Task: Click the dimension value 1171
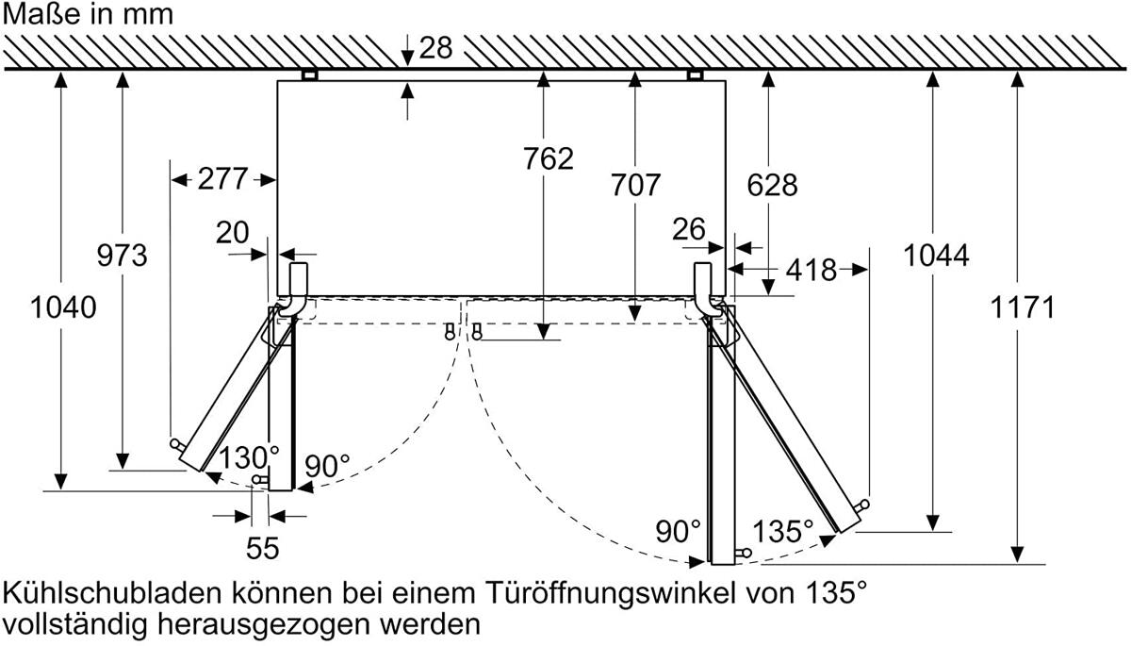1023,307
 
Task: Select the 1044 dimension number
936,255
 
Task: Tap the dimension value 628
772,185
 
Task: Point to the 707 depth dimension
635,185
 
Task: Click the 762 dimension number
549,158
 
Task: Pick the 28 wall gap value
435,48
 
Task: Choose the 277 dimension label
222,179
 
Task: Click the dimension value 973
123,255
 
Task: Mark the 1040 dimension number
63,307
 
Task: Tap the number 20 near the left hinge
232,232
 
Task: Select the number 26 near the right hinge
689,229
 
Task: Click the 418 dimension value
811,271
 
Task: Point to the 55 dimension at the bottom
263,548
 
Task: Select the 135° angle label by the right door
783,531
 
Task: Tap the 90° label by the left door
327,466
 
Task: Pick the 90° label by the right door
678,531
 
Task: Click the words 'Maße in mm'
88,14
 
